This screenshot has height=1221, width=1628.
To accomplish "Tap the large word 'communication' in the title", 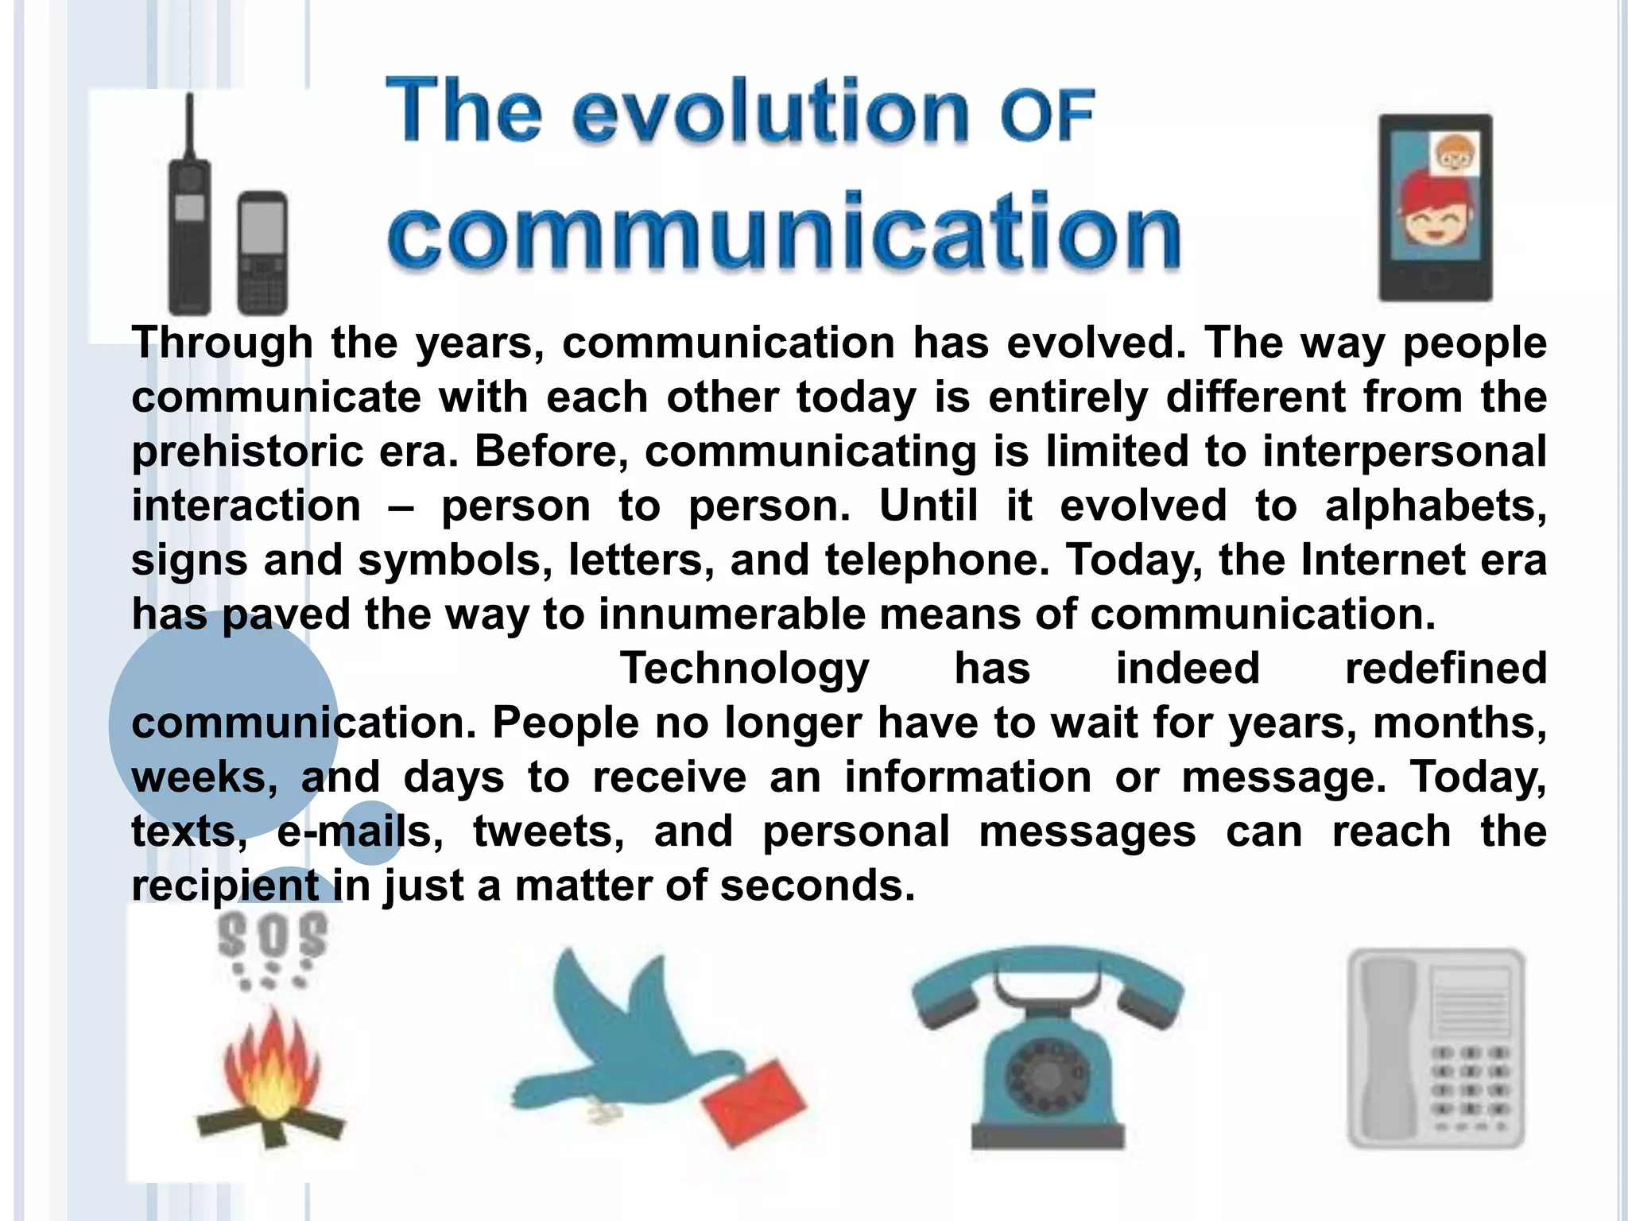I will [x=784, y=231].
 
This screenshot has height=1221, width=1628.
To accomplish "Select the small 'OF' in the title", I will [x=1048, y=116].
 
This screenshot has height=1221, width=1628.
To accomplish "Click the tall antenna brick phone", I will [x=189, y=223].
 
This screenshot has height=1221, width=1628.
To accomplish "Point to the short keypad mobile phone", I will [x=262, y=253].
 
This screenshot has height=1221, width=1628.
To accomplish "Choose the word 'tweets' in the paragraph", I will [x=548, y=831].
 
